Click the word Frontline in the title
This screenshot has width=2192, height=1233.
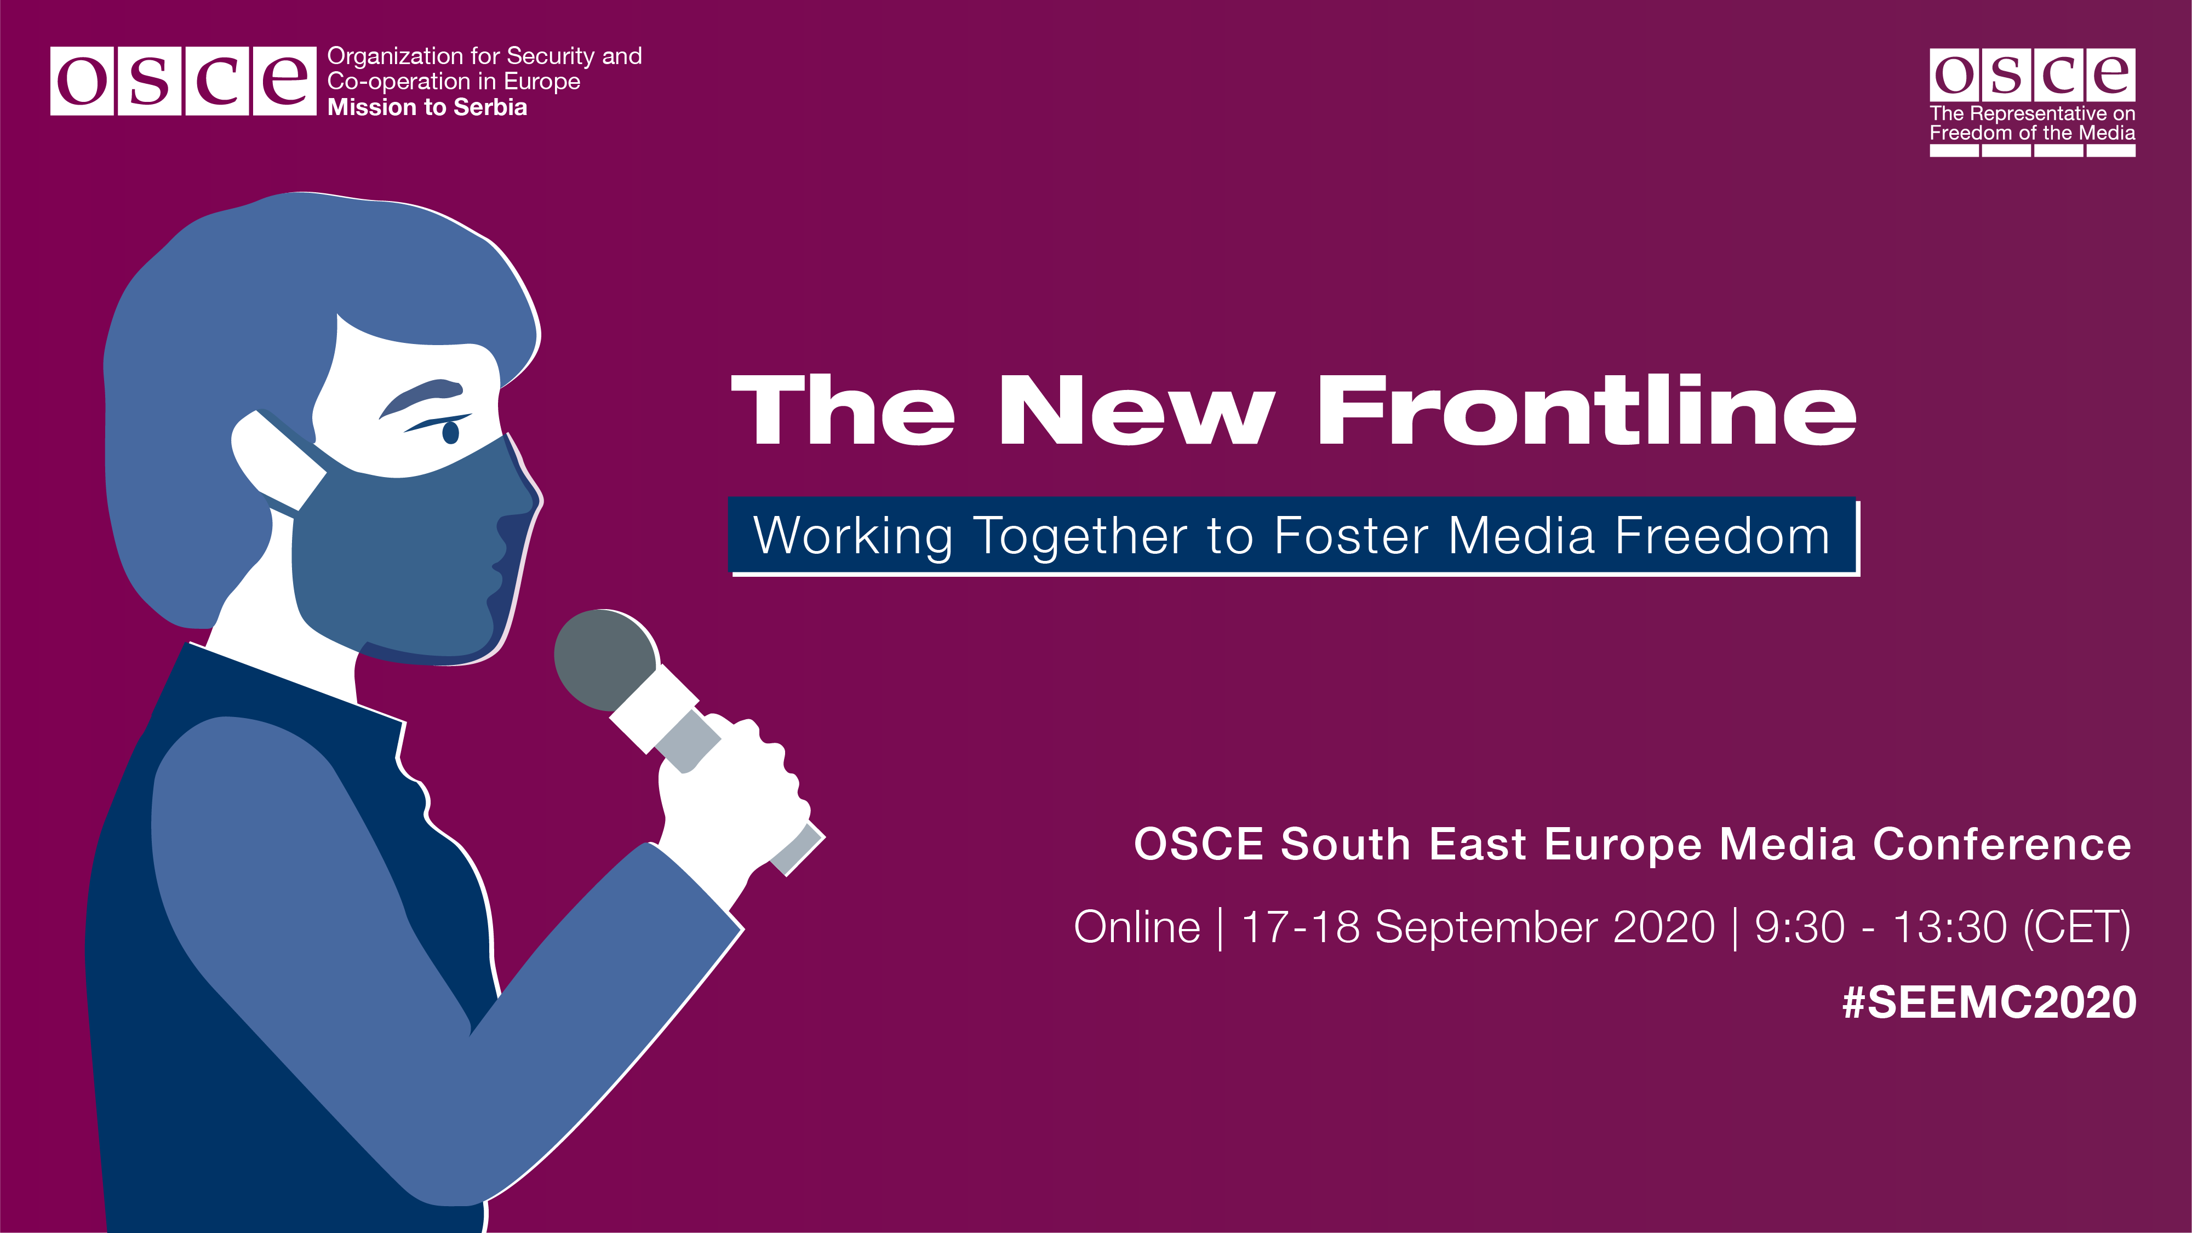[1587, 410]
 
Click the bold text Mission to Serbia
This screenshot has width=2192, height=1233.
[427, 107]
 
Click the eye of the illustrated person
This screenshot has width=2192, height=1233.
[450, 432]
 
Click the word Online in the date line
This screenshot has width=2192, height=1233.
[1137, 927]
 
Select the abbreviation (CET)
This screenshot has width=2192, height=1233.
[2077, 927]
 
